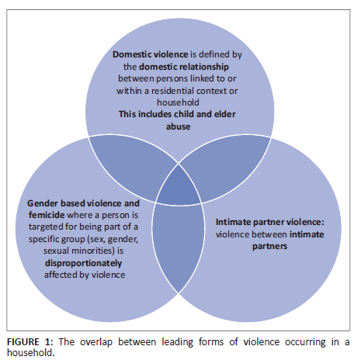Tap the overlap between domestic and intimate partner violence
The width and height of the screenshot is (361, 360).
226,165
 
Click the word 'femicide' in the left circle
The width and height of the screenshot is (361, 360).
47,215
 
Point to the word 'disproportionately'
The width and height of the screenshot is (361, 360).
83,263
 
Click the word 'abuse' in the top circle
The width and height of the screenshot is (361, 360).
178,126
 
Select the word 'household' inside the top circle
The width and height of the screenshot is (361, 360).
178,102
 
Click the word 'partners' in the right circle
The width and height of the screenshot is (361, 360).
269,246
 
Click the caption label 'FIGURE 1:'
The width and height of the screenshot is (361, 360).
30,342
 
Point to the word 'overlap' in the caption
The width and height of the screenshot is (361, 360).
96,342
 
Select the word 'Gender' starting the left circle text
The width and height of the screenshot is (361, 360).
43,203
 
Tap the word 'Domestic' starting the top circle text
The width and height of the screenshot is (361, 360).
132,54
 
